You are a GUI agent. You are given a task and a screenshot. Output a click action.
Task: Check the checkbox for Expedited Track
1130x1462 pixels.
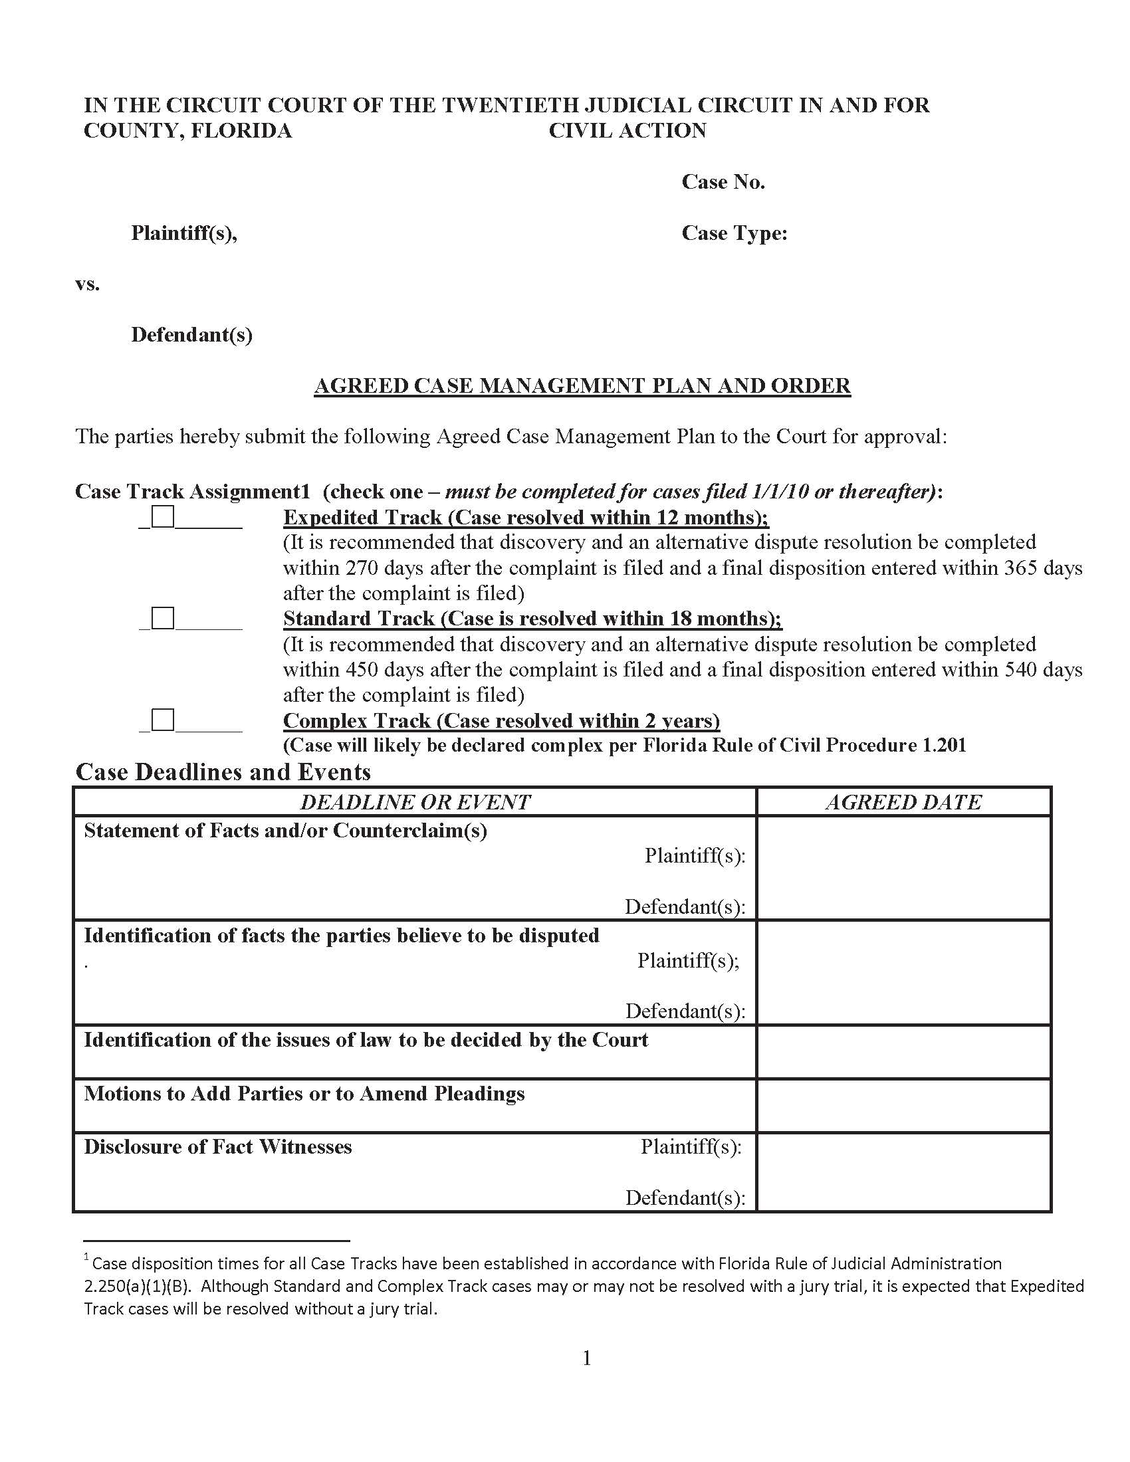[163, 517]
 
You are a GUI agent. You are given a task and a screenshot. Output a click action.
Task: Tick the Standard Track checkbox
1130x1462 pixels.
[163, 618]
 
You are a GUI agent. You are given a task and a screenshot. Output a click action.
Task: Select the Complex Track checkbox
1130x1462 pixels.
[163, 720]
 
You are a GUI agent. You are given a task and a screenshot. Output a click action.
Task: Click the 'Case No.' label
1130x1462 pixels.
[723, 182]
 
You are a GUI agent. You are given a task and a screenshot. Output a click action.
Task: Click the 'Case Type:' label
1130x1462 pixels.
[734, 233]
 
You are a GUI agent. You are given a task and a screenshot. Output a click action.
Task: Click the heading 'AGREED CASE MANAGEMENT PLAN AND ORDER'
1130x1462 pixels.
[582, 385]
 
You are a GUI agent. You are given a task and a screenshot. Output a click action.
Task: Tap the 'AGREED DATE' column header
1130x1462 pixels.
[903, 802]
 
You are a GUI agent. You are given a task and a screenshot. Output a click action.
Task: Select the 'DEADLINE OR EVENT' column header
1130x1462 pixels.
[415, 802]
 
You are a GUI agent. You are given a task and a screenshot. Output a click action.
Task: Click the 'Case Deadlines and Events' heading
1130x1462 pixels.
[223, 772]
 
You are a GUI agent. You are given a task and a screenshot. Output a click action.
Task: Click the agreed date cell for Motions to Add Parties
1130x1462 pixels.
[903, 1105]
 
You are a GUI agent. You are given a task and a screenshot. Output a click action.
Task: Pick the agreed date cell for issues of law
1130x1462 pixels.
[903, 1052]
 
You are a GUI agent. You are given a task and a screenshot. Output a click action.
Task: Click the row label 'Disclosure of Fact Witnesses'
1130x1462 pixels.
[217, 1147]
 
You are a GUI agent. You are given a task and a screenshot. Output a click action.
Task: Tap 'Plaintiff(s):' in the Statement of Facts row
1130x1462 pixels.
[695, 855]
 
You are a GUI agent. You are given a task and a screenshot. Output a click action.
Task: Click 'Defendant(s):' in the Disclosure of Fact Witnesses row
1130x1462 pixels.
[685, 1198]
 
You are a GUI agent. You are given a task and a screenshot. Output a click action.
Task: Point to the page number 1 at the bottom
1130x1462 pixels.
[587, 1358]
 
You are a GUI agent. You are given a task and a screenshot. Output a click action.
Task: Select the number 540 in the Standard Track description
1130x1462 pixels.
[1022, 669]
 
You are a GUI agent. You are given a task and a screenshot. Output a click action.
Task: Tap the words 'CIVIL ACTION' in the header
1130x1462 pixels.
[627, 130]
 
